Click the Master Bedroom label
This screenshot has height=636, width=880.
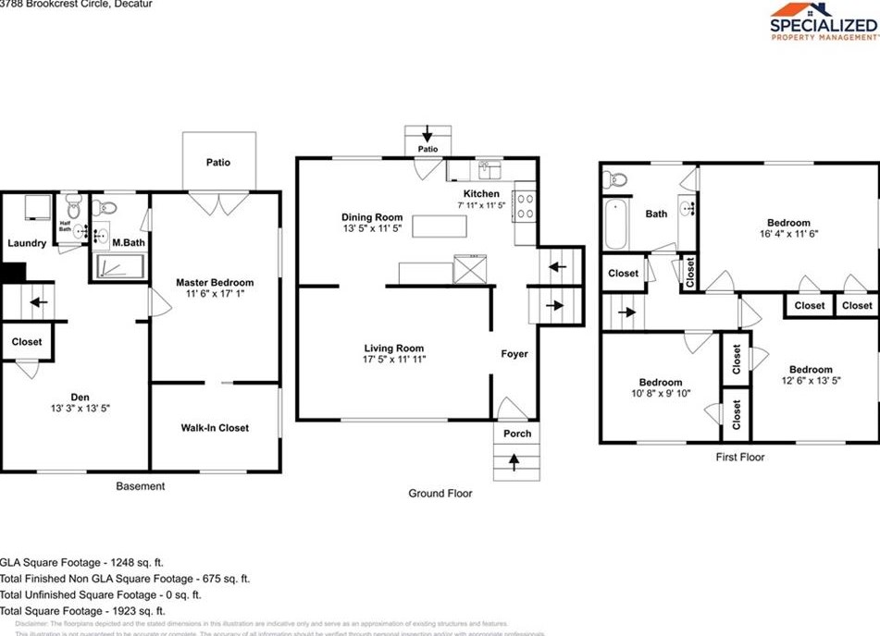tap(215, 282)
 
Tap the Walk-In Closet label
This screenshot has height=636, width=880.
tap(215, 428)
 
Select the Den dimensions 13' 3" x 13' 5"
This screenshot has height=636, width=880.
tap(74, 408)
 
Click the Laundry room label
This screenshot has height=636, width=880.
tap(27, 243)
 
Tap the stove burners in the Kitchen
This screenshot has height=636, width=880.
tap(525, 205)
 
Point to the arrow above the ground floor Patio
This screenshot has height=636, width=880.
tap(427, 134)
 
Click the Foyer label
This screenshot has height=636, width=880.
tap(514, 354)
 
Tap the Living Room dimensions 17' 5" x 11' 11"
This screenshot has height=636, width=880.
tap(394, 360)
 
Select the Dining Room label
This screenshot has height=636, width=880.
tap(371, 217)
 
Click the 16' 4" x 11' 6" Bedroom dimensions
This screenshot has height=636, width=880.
tap(787, 234)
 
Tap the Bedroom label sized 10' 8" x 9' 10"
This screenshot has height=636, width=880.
tap(661, 383)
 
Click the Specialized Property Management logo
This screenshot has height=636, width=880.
tap(823, 23)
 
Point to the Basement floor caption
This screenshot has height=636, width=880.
tap(141, 486)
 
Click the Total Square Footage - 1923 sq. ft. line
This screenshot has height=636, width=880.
tap(83, 611)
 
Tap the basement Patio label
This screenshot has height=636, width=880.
tap(218, 163)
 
